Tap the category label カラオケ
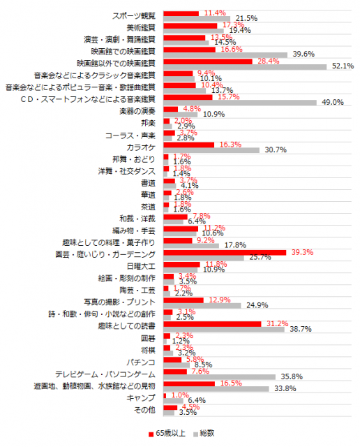point(142,147)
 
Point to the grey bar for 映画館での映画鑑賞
point(225,54)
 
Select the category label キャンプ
point(142,397)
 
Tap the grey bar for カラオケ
point(211,150)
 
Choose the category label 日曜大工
point(142,265)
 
